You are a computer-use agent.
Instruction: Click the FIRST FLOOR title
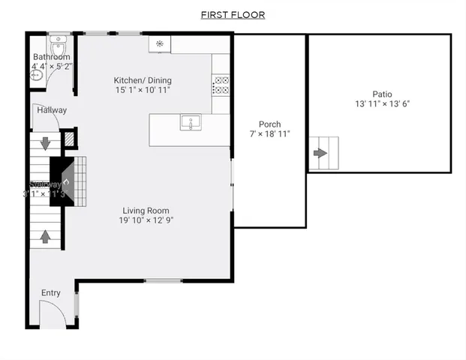(x=233, y=15)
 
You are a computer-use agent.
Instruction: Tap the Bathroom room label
(x=51, y=57)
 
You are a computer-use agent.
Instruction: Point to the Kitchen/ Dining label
(x=143, y=80)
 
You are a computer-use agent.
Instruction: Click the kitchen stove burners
(x=221, y=85)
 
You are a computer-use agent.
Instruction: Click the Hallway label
(x=52, y=110)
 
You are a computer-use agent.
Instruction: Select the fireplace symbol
(x=65, y=180)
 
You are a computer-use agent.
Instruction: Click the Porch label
(x=270, y=124)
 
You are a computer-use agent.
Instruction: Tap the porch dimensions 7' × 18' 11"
(x=270, y=134)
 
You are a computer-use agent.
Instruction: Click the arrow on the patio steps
(x=320, y=153)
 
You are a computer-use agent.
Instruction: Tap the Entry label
(x=51, y=293)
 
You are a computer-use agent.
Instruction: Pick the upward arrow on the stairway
(x=45, y=236)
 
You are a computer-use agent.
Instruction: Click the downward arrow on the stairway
(x=45, y=142)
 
